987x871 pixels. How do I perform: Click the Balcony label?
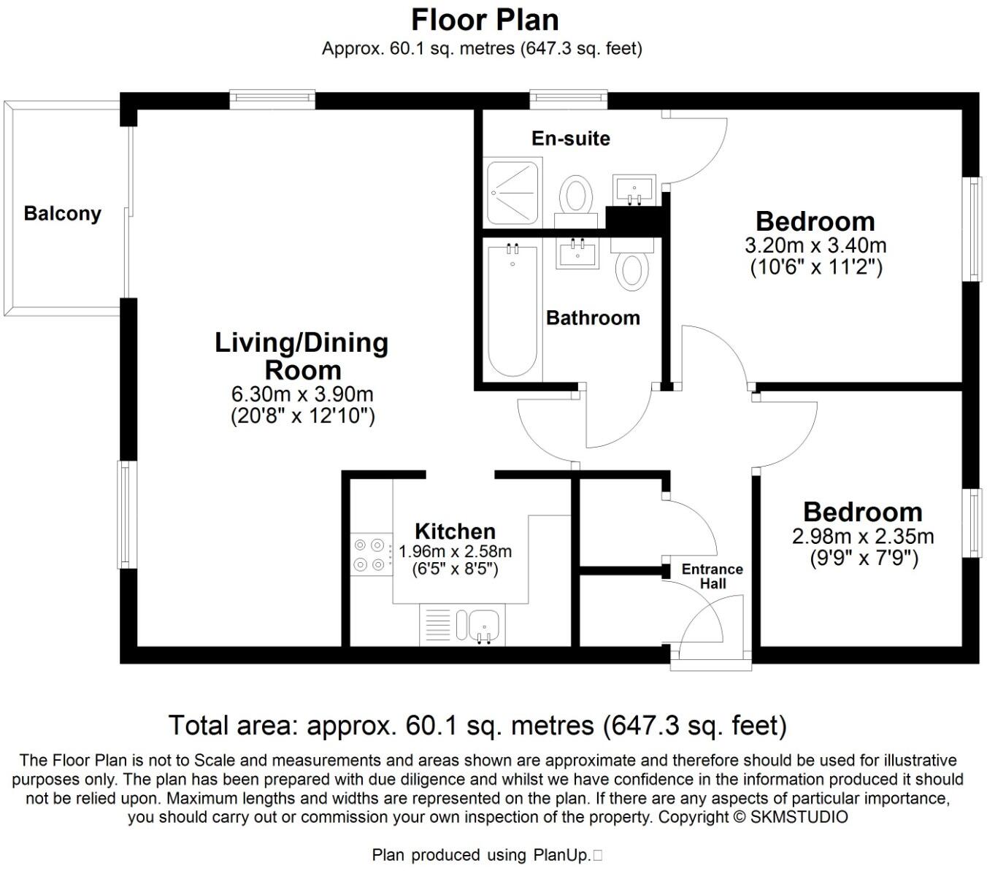click(62, 214)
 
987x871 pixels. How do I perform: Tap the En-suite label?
click(570, 139)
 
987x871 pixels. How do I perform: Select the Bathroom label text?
click(593, 318)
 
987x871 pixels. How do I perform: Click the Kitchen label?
click(455, 531)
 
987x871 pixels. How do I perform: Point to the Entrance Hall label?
click(713, 576)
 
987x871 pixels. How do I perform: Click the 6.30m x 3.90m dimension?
click(302, 394)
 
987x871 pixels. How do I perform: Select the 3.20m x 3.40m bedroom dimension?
click(815, 245)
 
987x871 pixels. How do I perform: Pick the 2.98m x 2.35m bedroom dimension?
click(863, 537)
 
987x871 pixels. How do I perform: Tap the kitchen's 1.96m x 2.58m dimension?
click(455, 551)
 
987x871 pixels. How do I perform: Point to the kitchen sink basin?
click(483, 626)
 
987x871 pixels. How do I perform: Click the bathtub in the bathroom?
click(512, 311)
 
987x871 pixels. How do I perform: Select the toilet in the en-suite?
click(576, 200)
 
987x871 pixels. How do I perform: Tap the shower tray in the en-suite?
click(513, 193)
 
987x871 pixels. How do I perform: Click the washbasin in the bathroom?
click(577, 254)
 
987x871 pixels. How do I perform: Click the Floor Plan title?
click(485, 20)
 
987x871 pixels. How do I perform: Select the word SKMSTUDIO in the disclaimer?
click(799, 817)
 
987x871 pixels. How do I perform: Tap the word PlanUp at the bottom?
click(561, 855)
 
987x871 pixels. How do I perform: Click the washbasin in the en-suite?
click(634, 189)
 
